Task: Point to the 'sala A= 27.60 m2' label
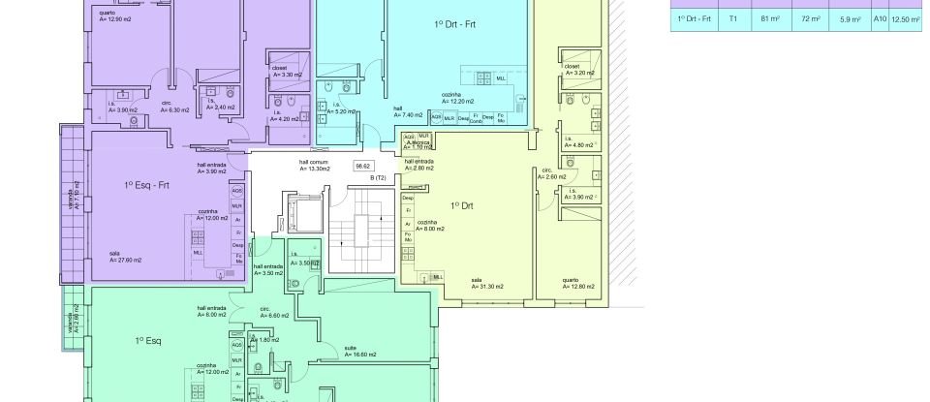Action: [126, 258]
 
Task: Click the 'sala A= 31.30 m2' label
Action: [477, 283]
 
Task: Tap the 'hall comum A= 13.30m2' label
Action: [313, 166]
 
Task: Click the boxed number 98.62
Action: [364, 167]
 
